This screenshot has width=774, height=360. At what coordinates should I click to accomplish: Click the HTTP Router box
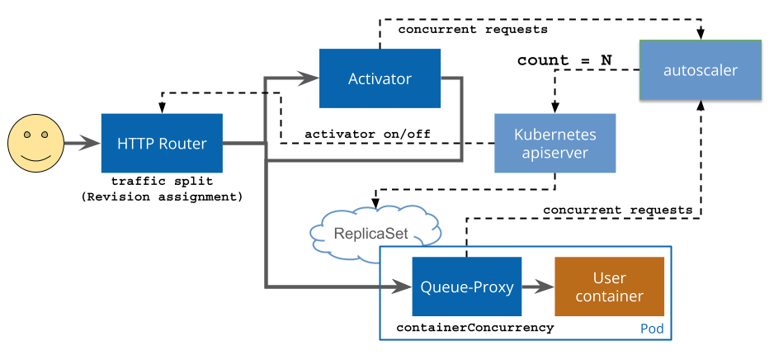pyautogui.click(x=162, y=144)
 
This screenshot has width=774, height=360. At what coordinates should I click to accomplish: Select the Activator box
pyautogui.click(x=380, y=78)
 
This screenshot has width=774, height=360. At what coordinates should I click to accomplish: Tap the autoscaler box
pyautogui.click(x=701, y=70)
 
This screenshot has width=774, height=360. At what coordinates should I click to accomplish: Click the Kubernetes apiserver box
pyautogui.click(x=555, y=144)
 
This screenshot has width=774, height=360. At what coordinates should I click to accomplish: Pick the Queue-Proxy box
pyautogui.click(x=467, y=287)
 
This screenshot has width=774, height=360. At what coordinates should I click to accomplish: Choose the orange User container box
pyautogui.click(x=610, y=287)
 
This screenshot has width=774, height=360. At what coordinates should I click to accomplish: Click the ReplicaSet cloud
pyautogui.click(x=371, y=233)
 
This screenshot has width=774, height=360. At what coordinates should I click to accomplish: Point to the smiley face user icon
pyautogui.click(x=35, y=144)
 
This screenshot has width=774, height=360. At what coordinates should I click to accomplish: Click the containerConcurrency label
pyautogui.click(x=475, y=328)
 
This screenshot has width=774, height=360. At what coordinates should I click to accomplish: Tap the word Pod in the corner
pyautogui.click(x=652, y=329)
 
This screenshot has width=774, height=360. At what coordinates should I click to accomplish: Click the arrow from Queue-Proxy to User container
pyautogui.click(x=538, y=287)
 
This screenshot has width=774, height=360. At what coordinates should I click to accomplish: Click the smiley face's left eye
pyautogui.click(x=27, y=134)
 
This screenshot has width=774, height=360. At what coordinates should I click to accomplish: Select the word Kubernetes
pyautogui.click(x=555, y=135)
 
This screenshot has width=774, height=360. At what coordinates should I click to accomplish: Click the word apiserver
pyautogui.click(x=555, y=153)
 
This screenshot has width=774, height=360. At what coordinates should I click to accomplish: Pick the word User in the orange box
pyautogui.click(x=610, y=278)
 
